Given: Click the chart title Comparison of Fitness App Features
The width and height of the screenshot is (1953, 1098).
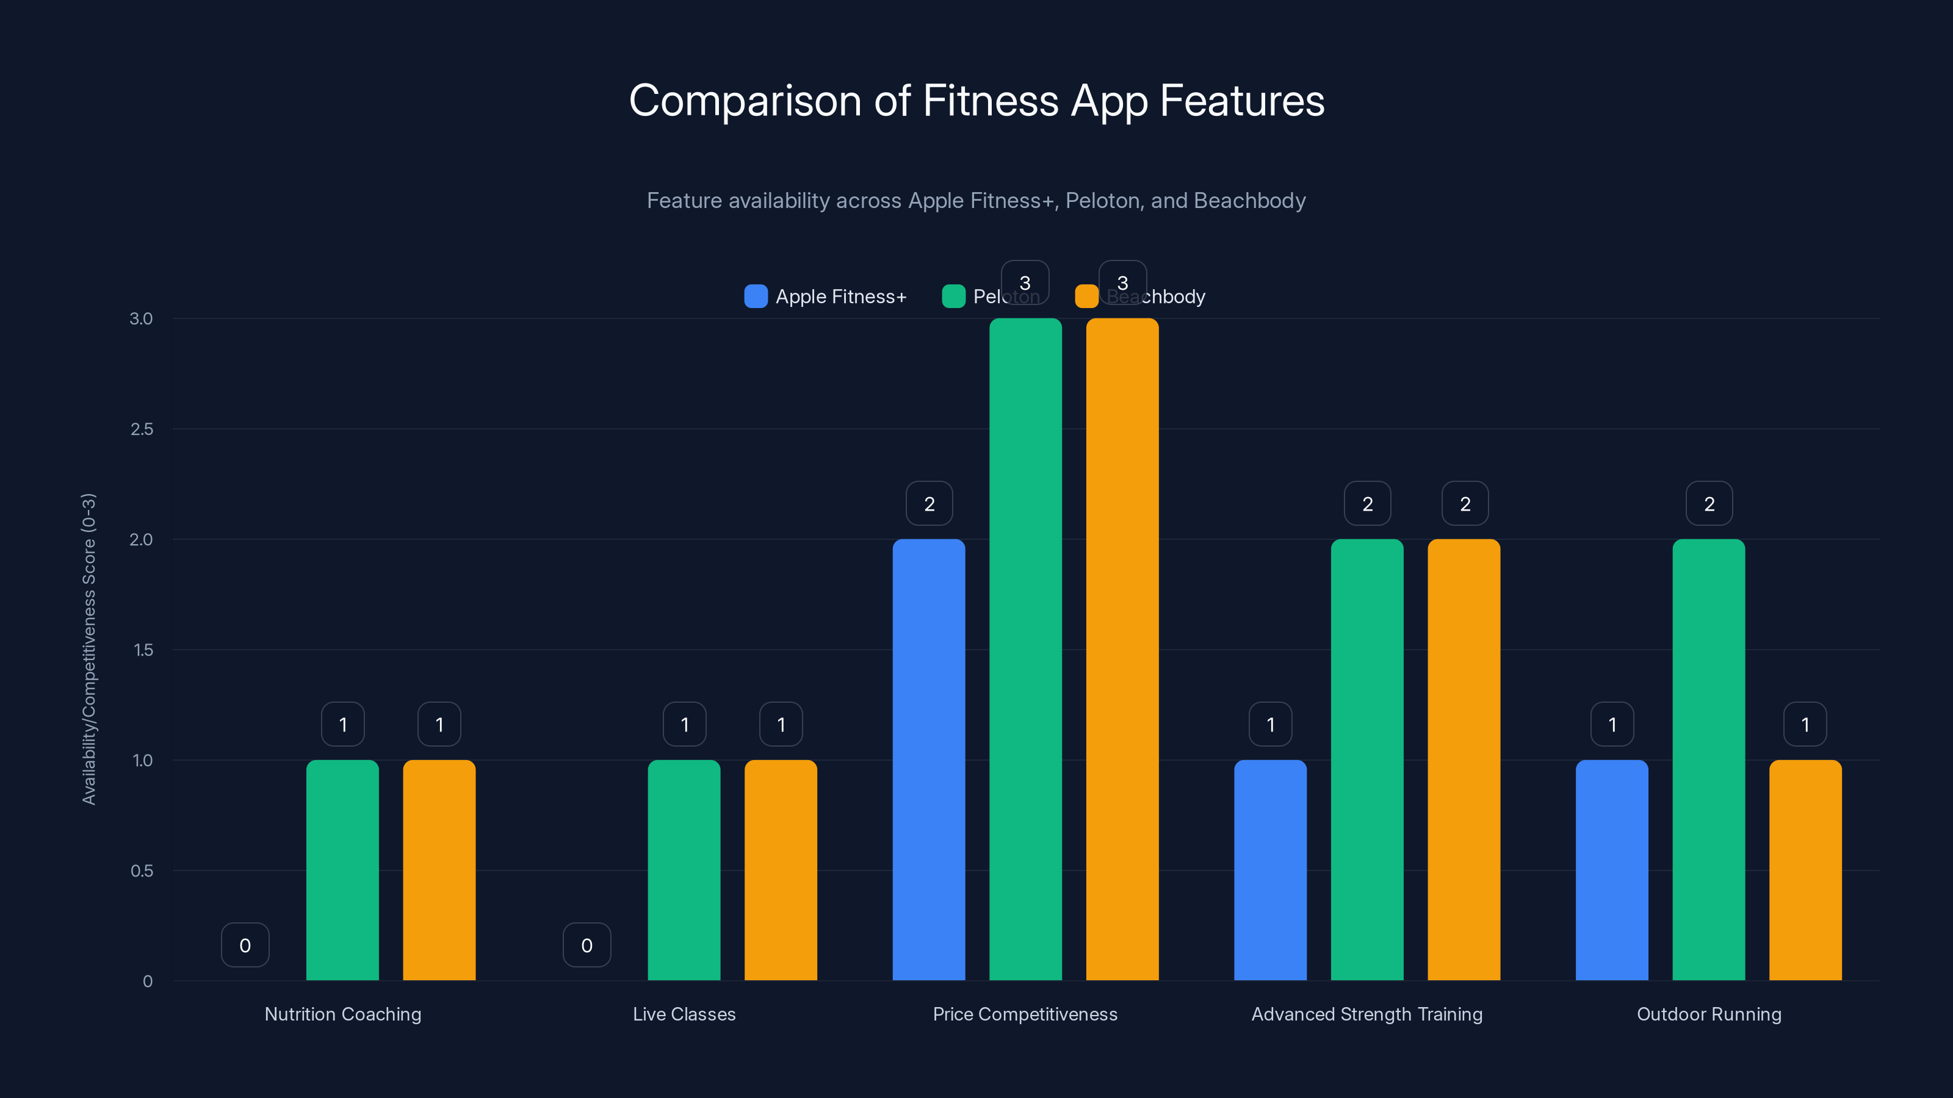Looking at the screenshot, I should coord(976,101).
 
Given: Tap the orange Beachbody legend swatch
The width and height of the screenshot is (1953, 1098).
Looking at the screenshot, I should coord(1086,296).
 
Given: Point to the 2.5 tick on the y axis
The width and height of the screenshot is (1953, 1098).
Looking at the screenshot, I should coord(142,429).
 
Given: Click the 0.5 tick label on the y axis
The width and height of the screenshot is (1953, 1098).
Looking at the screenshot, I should coord(142,870).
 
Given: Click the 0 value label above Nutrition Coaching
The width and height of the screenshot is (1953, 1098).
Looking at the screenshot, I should coord(245,945).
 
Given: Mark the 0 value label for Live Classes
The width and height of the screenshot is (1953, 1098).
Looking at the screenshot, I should coord(587,945).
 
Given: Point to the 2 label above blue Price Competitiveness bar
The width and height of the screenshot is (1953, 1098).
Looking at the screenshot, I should coord(929,504).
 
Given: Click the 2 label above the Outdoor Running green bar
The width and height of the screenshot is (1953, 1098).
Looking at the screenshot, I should coord(1709,504).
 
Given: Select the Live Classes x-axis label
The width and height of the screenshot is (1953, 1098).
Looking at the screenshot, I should coord(684,1014).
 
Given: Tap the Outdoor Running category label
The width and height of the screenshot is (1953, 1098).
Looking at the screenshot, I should coord(1709,1014).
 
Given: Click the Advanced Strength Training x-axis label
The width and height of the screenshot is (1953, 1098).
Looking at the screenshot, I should coord(1366,1014).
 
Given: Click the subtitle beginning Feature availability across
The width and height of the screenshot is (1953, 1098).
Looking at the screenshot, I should coord(976,201).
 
